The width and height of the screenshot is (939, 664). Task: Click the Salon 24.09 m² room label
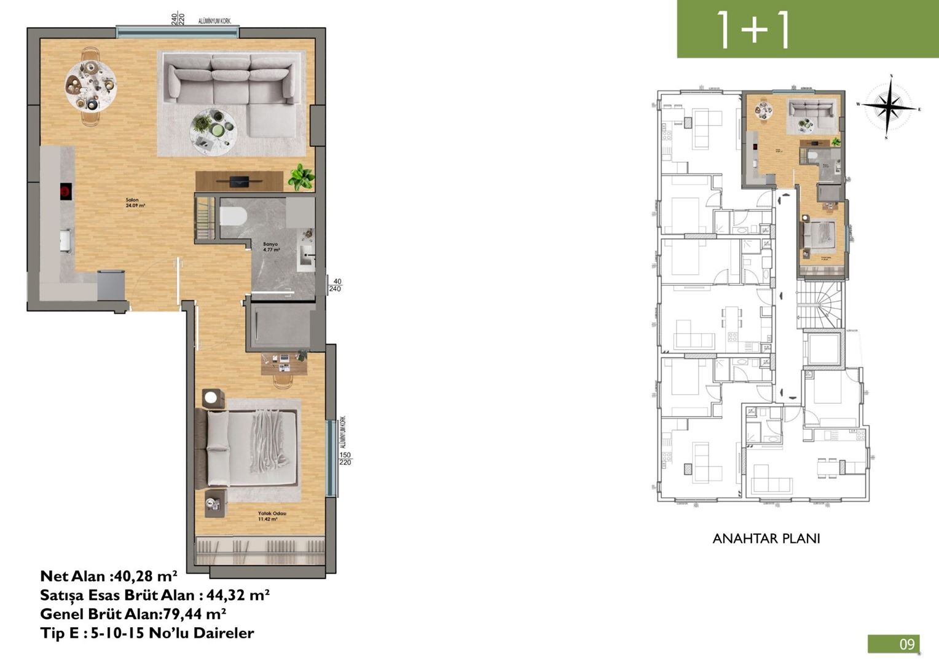(132, 203)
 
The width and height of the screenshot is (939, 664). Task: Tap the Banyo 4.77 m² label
(271, 247)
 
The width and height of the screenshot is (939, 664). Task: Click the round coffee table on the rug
(213, 131)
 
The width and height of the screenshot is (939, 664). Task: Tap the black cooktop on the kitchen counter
(65, 192)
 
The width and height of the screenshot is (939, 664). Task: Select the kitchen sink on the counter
(66, 240)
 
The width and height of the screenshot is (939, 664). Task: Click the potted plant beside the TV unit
(301, 176)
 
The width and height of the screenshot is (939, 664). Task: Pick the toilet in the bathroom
(233, 217)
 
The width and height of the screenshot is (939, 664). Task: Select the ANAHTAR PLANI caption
(766, 539)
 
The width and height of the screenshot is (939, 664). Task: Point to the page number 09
(906, 644)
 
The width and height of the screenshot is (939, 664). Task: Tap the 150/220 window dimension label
(345, 459)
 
